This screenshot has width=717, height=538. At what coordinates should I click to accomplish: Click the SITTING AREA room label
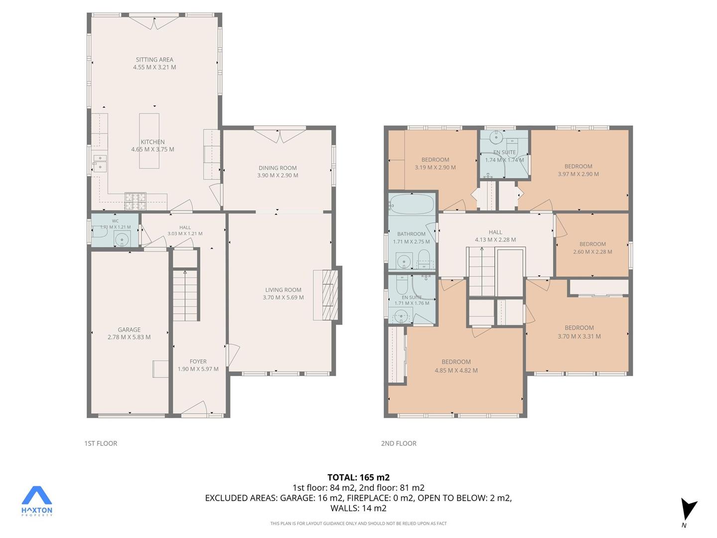coord(154,60)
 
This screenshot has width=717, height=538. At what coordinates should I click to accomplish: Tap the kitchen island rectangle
coord(149,141)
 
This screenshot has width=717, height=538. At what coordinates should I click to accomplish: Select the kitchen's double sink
coord(100,163)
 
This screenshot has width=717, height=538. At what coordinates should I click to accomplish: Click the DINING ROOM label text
coord(278,168)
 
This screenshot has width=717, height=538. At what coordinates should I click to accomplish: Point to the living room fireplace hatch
coord(330,294)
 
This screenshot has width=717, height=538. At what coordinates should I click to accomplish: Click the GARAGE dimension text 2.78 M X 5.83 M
coord(129,337)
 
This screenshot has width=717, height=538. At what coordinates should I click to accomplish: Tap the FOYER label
coord(198,361)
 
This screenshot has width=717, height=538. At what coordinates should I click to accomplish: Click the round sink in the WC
coord(122,240)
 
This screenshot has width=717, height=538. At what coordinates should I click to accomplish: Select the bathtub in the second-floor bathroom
coord(412,204)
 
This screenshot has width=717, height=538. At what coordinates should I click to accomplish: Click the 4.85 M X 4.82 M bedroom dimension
coord(456,371)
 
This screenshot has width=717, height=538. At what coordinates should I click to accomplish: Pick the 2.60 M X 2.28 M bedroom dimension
coord(593,252)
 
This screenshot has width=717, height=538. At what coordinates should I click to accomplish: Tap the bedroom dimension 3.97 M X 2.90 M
coord(578,174)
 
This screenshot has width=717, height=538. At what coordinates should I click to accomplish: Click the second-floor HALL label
coord(495,232)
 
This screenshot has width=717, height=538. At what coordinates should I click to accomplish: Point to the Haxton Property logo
coord(36,501)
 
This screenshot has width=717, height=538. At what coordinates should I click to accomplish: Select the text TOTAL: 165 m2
coord(358,478)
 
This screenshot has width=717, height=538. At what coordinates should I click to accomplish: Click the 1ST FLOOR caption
coord(101,443)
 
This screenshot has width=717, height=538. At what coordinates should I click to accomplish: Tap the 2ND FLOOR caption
coord(398,443)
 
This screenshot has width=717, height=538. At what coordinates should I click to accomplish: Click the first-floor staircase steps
coord(185,294)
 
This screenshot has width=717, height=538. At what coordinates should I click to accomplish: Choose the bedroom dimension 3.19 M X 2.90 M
coord(435,167)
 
